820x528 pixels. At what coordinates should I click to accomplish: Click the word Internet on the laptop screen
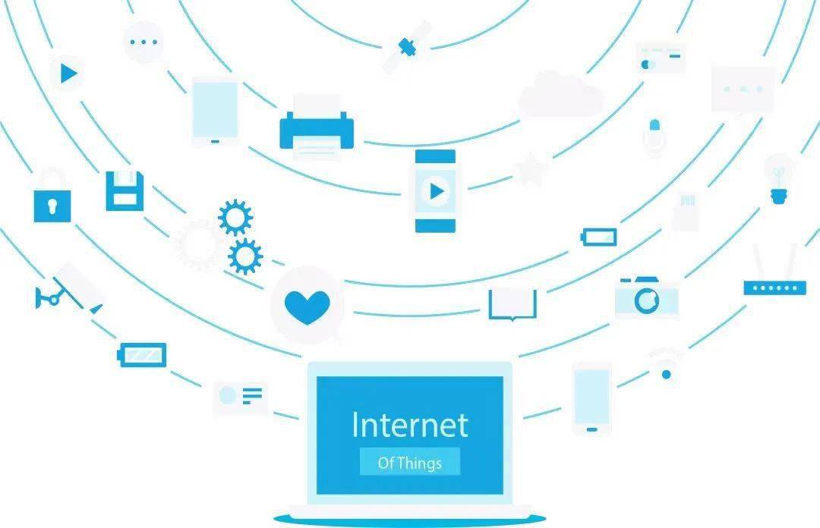410,425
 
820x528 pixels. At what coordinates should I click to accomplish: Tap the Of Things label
410,462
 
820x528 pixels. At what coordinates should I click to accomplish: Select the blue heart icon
307,307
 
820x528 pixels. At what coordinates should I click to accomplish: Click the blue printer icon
317,128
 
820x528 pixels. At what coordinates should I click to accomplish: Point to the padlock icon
52,196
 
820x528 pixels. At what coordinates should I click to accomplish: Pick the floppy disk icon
125,191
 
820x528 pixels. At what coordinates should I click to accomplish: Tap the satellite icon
408,47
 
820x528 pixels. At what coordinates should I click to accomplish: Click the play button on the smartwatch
436,191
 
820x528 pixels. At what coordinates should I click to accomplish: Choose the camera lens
647,300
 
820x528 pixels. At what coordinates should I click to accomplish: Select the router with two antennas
775,272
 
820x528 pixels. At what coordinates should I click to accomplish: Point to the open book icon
512,303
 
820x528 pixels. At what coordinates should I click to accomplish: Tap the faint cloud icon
561,94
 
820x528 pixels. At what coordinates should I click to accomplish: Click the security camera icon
68,290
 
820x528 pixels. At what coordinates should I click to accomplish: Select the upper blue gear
235,218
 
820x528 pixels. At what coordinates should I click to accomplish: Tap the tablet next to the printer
215,112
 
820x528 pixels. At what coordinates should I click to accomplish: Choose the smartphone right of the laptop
592,399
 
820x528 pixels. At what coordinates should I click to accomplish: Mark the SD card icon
685,212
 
